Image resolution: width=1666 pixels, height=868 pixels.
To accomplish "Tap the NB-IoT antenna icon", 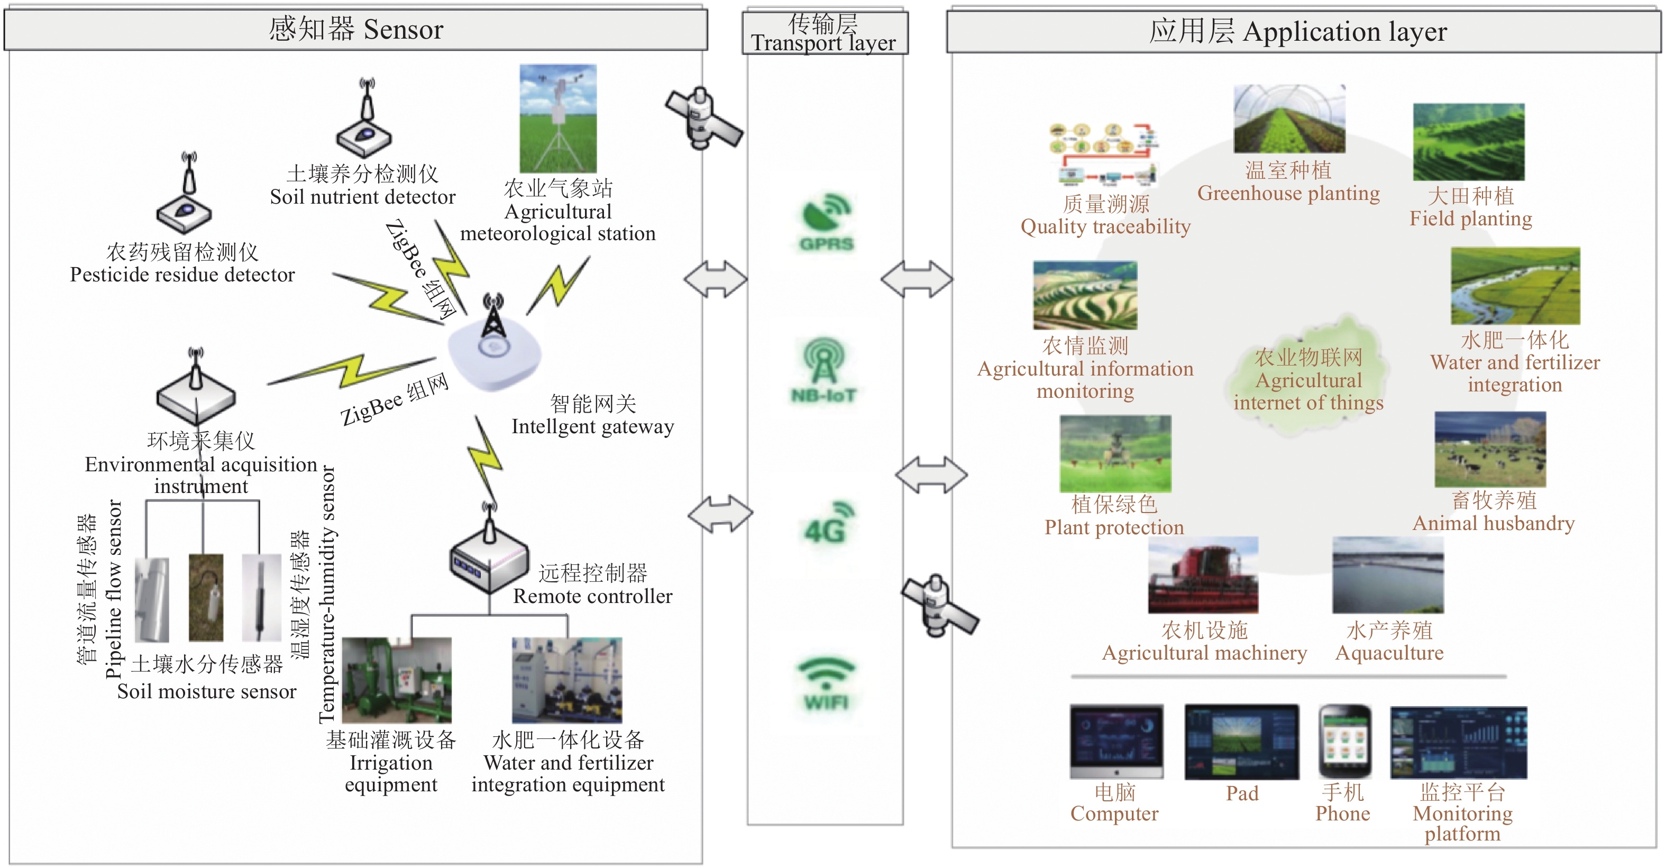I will pyautogui.click(x=824, y=369).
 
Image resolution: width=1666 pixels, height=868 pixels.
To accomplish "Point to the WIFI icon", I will pyautogui.click(x=826, y=682).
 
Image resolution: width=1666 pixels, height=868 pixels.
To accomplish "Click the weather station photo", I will pyautogui.click(x=558, y=118).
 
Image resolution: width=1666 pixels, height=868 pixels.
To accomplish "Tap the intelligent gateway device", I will pyautogui.click(x=495, y=349).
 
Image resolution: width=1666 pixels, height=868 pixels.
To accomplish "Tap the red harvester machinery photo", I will pyautogui.click(x=1203, y=575).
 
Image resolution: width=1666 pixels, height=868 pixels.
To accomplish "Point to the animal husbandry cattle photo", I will pyautogui.click(x=1490, y=450).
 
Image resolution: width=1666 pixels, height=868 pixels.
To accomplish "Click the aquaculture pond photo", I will pyautogui.click(x=1388, y=575).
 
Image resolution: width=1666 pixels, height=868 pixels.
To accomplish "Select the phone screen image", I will pyautogui.click(x=1344, y=742).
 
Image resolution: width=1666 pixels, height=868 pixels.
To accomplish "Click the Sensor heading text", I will pyautogui.click(x=356, y=29).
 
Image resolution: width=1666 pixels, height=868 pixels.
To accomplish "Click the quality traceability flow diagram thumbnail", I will pyautogui.click(x=1104, y=154).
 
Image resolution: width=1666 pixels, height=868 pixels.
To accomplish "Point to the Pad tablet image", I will pyautogui.click(x=1242, y=742).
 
